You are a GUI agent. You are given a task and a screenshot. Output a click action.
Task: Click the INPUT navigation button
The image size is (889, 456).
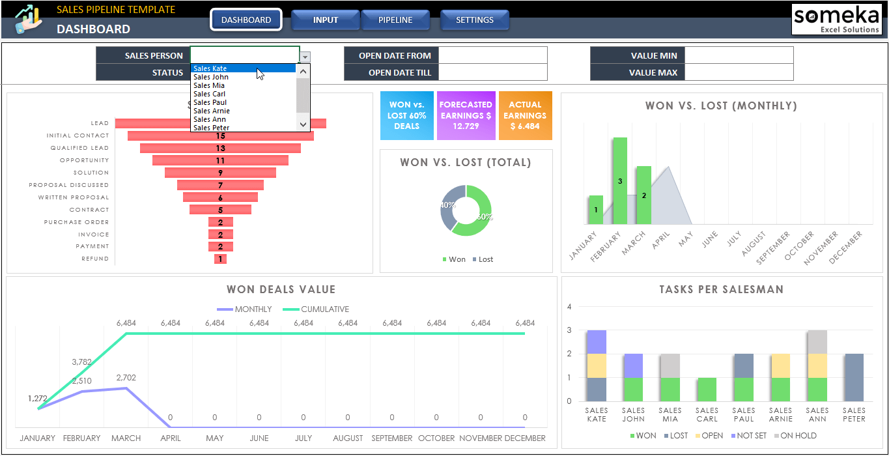point(325,20)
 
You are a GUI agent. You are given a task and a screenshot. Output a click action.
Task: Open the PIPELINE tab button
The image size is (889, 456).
point(395,20)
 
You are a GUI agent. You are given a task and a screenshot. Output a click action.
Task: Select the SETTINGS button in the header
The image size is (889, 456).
point(474,20)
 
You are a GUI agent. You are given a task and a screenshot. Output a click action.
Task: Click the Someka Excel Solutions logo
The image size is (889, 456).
point(836,20)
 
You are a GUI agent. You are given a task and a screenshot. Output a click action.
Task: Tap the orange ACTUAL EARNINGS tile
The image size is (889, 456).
point(525,115)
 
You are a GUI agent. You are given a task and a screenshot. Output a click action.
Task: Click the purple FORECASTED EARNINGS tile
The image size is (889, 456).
point(466,115)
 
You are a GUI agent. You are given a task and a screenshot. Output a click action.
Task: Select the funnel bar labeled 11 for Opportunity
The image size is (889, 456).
point(220,160)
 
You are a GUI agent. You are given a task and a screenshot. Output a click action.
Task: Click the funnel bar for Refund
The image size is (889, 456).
point(220,259)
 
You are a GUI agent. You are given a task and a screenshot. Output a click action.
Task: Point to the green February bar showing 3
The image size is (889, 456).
point(620,180)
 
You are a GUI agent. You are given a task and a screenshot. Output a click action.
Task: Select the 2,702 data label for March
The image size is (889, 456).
point(126,377)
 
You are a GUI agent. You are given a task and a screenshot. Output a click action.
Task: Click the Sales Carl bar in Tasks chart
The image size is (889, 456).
point(707,389)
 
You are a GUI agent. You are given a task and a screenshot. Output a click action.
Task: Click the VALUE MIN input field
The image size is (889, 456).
point(739,55)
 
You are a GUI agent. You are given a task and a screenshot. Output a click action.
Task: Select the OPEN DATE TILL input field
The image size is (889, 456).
point(493,72)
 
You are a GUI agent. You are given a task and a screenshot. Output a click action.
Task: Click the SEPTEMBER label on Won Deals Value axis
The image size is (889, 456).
point(391,438)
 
